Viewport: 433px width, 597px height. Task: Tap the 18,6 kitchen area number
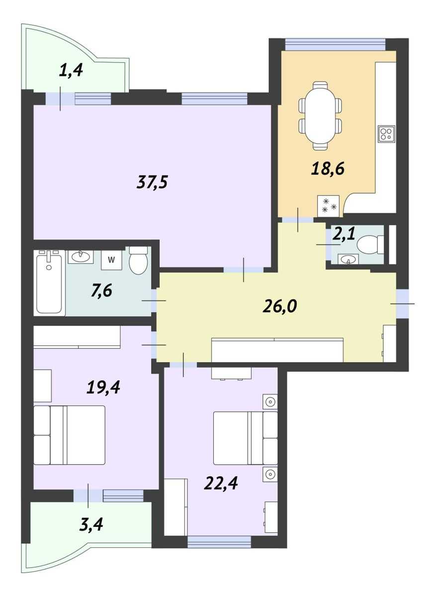pos(328,169)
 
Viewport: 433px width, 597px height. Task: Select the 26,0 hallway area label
pos(279,306)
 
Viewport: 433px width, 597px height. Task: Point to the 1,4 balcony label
pos(71,71)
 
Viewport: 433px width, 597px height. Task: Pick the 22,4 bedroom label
pos(221,483)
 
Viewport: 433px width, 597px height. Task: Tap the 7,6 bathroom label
pos(101,291)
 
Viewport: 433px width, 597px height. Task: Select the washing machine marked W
pos(111,260)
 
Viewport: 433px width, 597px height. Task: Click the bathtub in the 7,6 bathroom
pos(49,282)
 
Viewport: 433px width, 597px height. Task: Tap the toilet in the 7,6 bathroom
pos(138,260)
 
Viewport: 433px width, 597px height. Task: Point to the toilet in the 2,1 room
pos(370,244)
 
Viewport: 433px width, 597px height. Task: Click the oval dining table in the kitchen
pos(320,115)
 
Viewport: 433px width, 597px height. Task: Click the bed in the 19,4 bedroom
pos(69,435)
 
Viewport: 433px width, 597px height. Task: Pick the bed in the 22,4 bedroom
pos(245,438)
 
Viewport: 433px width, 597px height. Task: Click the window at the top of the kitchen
pos(335,44)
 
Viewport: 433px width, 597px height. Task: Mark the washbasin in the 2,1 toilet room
pos(348,259)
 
